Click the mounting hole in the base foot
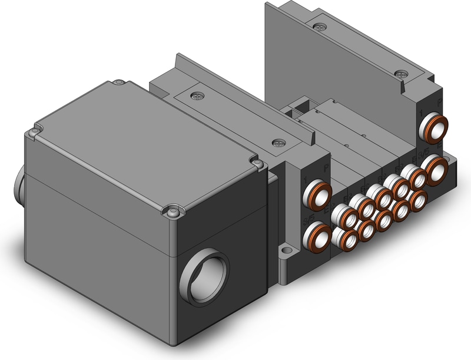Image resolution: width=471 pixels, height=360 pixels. tap(288, 253)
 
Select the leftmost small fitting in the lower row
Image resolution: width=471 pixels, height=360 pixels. tap(344, 237)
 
